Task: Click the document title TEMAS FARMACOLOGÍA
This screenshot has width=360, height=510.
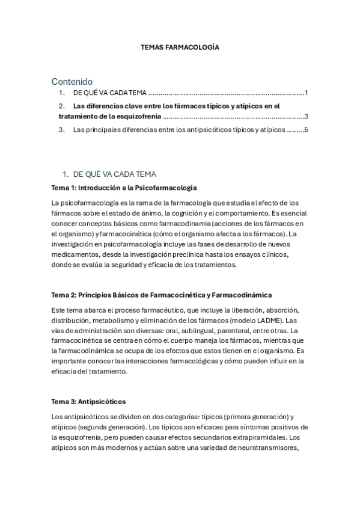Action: (x=180, y=46)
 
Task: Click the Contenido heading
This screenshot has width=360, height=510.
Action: (x=72, y=81)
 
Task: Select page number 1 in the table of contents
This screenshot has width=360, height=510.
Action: (x=306, y=93)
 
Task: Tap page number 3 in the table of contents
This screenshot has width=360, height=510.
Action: (x=306, y=117)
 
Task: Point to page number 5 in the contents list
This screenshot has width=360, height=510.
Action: (x=306, y=129)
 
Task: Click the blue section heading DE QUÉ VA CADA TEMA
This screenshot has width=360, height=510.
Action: (x=114, y=174)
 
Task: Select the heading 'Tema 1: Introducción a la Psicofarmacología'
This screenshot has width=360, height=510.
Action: (x=124, y=188)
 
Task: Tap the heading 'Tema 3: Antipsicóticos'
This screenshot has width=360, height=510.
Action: (x=88, y=401)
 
